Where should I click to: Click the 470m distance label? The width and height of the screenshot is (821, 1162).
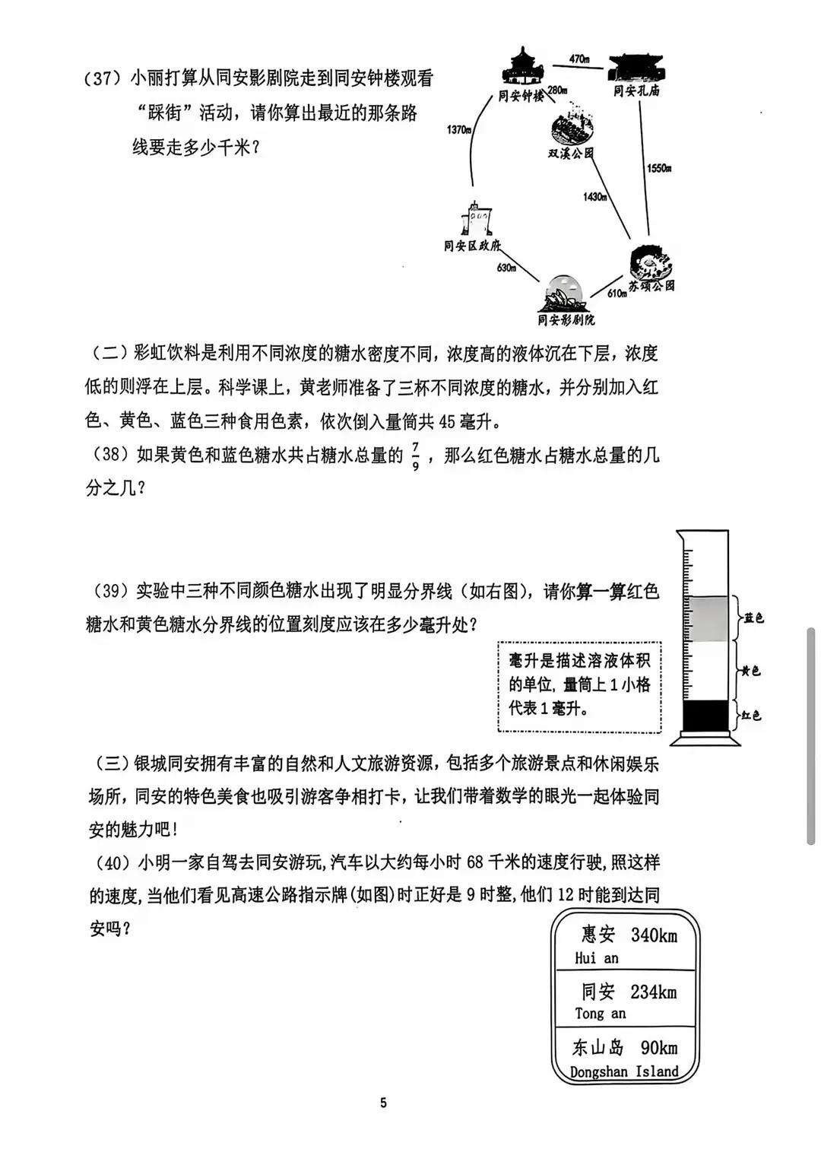point(579,59)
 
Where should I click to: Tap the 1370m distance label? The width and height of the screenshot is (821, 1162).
point(458,130)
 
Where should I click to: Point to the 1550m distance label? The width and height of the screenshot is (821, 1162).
point(658,168)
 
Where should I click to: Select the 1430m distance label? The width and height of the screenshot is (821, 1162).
point(594,197)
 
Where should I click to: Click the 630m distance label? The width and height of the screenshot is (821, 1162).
point(506,268)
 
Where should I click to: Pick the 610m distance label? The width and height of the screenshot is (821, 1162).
point(617,294)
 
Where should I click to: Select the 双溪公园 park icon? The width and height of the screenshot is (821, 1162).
point(571,129)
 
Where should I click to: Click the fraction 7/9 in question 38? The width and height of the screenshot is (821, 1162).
point(415,456)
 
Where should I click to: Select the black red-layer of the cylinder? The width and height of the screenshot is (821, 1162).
point(705,716)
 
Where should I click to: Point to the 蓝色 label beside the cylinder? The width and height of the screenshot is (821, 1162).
point(753,618)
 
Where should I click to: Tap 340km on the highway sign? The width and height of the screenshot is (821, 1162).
point(653,935)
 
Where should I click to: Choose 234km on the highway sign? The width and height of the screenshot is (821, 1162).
point(653,992)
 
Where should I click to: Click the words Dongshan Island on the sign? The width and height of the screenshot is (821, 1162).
point(623,1072)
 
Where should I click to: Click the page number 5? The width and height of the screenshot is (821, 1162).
point(383,1103)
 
